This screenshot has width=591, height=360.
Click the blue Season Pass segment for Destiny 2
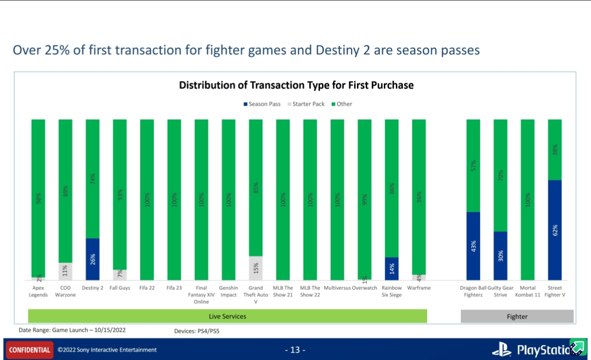[93, 259]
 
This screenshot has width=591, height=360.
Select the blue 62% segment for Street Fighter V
[554, 230]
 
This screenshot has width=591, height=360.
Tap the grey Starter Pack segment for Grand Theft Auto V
[256, 268]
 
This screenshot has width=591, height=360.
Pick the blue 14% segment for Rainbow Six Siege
[392, 268]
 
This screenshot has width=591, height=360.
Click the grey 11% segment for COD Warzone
[65, 271]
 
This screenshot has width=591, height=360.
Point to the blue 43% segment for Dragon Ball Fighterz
[473, 246]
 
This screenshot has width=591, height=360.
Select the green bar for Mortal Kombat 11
[528, 200]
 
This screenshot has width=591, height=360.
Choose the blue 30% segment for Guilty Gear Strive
[500, 255]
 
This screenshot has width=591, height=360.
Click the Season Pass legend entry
[262, 104]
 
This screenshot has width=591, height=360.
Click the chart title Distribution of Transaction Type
[296, 85]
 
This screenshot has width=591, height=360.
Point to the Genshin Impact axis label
[228, 291]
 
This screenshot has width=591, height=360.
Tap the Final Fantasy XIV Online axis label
[201, 295]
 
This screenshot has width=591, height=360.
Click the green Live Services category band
[227, 316]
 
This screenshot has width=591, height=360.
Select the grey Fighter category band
[517, 317]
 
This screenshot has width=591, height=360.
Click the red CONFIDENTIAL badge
[30, 350]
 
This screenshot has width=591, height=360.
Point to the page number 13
[295, 350]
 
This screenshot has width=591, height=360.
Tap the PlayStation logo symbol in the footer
[501, 349]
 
